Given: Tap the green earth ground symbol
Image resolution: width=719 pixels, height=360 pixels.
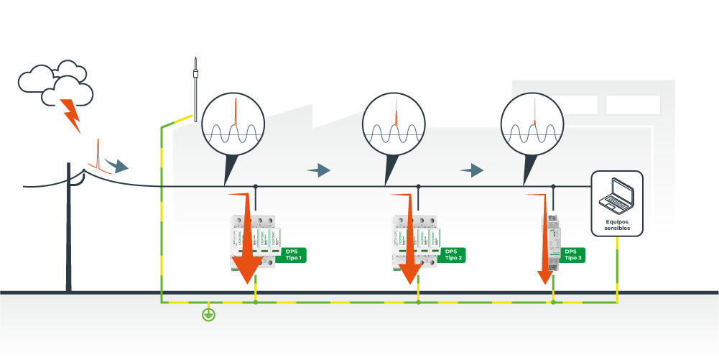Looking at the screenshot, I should tap(208, 313).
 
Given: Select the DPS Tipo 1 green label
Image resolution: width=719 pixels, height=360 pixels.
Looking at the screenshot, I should tap(292, 255).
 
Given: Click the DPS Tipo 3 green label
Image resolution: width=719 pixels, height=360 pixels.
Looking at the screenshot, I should tap(573, 255).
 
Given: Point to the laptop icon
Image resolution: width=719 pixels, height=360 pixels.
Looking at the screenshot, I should tap(616, 194).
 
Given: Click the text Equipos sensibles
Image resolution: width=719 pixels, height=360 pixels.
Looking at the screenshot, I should tap(617, 225).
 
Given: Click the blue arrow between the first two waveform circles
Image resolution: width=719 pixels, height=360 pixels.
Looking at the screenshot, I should tap(318, 170).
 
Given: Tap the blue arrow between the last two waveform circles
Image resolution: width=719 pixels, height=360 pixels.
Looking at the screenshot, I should tap(472, 170).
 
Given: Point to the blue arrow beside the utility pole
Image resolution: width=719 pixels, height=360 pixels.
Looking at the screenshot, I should tap(116, 166).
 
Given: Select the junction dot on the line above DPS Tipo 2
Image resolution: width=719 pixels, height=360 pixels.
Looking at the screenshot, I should tap(419, 187).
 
